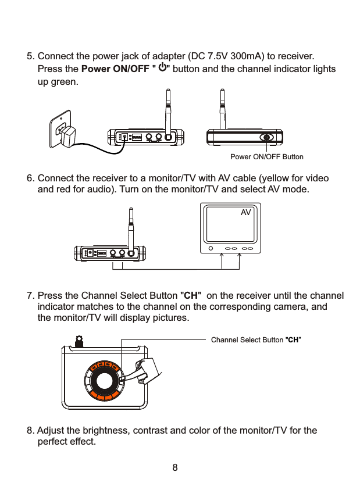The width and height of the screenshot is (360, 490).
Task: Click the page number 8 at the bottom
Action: click(x=174, y=467)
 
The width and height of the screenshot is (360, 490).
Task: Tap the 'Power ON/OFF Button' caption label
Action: click(x=267, y=157)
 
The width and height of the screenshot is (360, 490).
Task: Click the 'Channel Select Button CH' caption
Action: click(x=256, y=339)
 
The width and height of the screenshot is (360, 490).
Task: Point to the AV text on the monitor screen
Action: click(x=246, y=213)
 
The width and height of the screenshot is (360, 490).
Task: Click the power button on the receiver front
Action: click(x=267, y=138)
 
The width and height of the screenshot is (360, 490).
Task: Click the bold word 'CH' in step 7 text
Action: click(x=192, y=295)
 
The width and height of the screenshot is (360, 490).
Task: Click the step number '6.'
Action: click(x=31, y=178)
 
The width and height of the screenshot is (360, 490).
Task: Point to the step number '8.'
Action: click(x=31, y=431)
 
